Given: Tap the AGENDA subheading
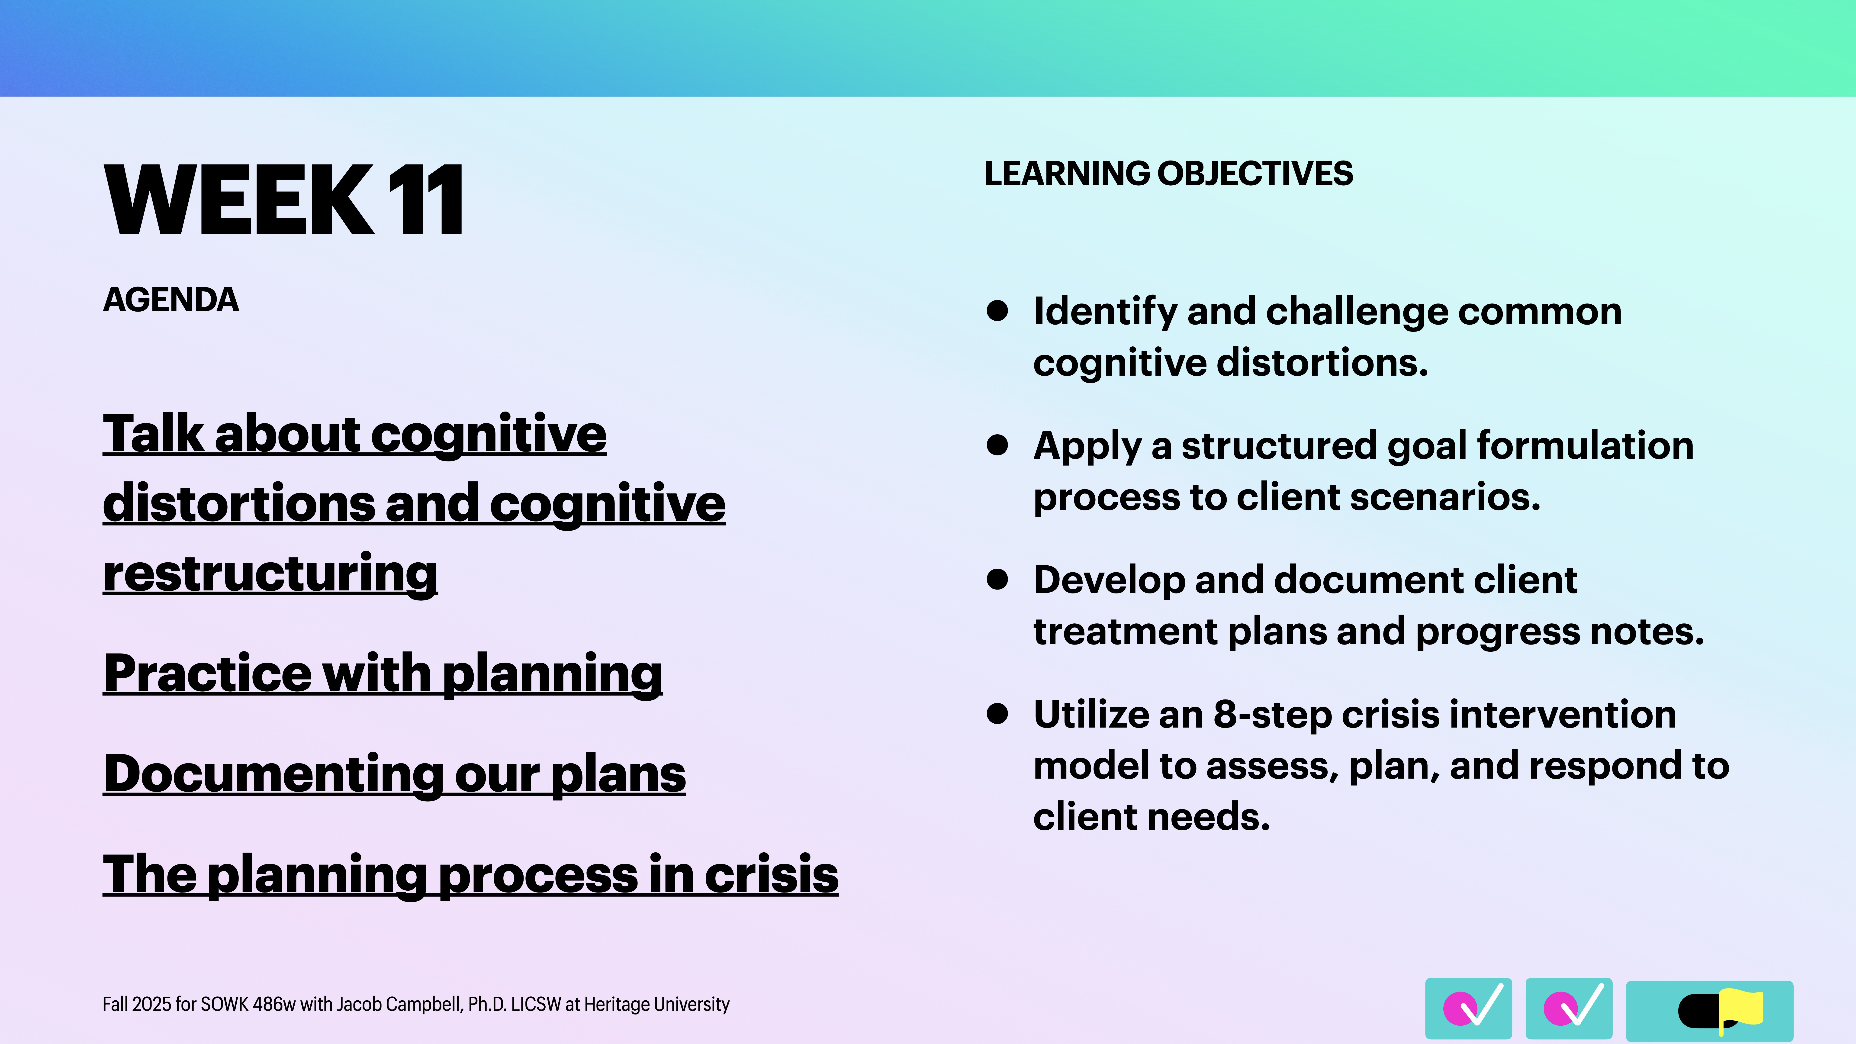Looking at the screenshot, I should click(171, 300).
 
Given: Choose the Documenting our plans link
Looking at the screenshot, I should click(394, 774).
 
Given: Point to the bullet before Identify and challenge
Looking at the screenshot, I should click(997, 311).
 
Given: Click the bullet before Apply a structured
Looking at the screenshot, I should click(997, 445).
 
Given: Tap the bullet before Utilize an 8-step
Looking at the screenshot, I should click(997, 714).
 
